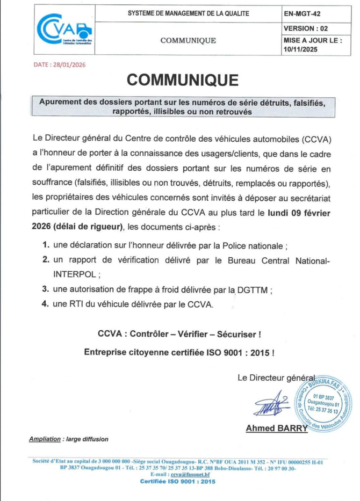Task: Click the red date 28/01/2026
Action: (59, 64)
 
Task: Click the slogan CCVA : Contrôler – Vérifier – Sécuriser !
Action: (179, 333)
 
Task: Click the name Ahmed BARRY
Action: (276, 428)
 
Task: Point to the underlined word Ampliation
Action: (45, 439)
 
